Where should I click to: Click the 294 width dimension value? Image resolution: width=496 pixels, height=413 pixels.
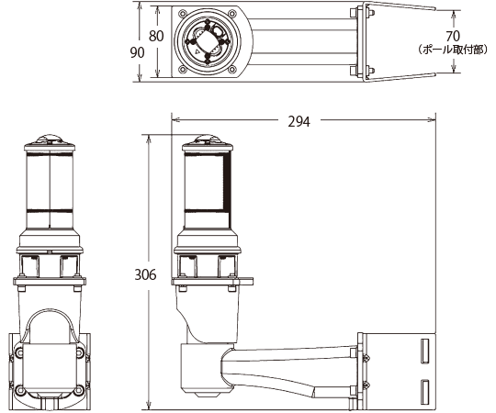299,121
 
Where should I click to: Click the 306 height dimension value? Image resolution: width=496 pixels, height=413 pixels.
145,274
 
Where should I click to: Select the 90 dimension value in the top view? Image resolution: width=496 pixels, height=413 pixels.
137,52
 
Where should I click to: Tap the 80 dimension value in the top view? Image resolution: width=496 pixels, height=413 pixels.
156,36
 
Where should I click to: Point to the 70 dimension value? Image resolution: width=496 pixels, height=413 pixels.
453,37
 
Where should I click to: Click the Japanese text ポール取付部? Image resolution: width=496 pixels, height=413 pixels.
453,50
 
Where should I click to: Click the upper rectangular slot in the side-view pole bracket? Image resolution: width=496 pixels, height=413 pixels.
425,351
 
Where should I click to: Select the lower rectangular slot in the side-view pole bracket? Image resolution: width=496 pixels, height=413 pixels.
425,392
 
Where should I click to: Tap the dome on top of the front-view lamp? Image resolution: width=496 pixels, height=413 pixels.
50,140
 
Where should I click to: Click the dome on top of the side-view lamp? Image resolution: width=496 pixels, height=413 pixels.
208,140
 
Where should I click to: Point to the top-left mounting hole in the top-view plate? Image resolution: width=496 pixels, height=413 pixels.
182,14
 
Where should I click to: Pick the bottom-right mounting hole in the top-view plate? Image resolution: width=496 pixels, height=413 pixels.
232,69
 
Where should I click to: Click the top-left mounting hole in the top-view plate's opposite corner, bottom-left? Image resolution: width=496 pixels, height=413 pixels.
182,69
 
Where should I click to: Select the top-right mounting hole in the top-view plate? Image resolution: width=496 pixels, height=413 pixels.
232,14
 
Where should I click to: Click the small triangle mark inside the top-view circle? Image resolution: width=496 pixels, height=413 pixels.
197,50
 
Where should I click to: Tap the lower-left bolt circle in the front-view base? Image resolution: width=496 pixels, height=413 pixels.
19,390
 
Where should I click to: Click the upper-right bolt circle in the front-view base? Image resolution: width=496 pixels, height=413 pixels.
79,352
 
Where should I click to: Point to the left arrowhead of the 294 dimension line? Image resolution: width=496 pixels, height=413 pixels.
175,119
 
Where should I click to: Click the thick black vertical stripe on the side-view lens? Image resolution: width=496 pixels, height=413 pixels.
227,181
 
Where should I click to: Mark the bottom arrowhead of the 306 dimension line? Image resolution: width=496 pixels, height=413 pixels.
148,406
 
